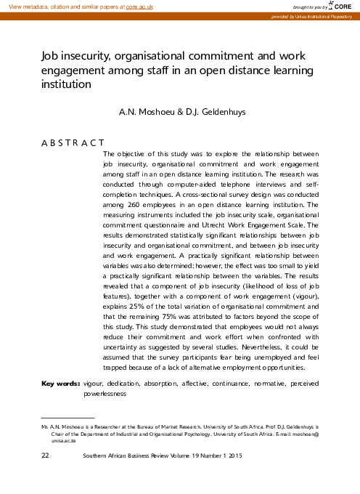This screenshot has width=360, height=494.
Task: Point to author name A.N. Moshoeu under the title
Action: pyautogui.click(x=151, y=114)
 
